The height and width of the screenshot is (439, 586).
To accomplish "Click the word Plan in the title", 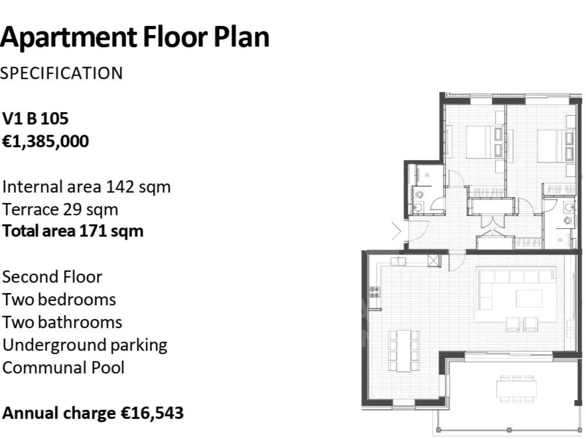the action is (241, 38).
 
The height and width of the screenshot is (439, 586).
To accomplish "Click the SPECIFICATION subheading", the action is (61, 73).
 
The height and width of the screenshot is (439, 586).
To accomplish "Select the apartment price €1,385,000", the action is (45, 141).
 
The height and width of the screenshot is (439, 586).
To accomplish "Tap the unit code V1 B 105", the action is (35, 119).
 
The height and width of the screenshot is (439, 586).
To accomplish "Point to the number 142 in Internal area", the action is (120, 187).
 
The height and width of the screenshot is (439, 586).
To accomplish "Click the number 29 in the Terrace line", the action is (72, 210).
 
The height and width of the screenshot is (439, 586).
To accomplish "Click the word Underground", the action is (55, 345).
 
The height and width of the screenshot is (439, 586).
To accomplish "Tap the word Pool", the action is (108, 368).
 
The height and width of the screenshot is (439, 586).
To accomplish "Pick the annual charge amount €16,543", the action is (152, 414).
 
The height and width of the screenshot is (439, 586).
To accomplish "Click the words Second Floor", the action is (52, 277).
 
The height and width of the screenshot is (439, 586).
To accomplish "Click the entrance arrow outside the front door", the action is (397, 231).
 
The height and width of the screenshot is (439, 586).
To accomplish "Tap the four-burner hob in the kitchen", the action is (375, 292).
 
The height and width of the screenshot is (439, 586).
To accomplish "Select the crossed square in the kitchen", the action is (434, 260).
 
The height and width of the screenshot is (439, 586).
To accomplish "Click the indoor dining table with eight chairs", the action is (404, 351).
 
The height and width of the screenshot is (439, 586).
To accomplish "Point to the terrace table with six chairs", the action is (516, 389).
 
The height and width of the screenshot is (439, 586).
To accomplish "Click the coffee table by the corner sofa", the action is (529, 299).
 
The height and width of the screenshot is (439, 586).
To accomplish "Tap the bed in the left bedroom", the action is (484, 142).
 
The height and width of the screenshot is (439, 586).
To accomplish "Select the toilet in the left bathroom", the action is (419, 195).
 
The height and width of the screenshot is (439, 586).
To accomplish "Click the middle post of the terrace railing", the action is (509, 430).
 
